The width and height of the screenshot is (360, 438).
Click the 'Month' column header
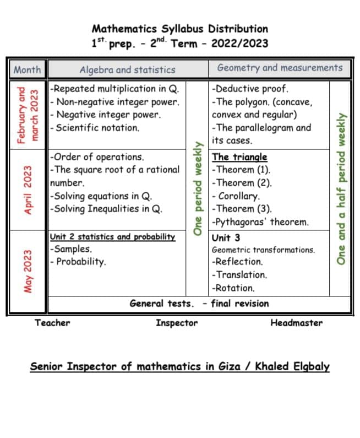(x=27, y=69)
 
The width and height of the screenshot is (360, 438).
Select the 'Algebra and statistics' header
(x=127, y=69)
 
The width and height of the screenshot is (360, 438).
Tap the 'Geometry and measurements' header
(x=280, y=68)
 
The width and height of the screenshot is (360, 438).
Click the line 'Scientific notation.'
(x=95, y=128)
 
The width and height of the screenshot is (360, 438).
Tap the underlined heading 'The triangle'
(x=239, y=157)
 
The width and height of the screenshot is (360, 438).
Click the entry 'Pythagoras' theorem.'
(x=260, y=223)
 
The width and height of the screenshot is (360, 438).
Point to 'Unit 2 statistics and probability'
(x=112, y=237)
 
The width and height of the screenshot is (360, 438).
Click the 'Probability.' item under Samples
(x=80, y=262)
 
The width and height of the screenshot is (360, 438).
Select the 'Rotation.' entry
(x=233, y=288)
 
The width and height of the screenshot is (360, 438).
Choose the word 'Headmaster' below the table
(x=296, y=323)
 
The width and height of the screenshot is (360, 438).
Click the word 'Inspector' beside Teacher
(x=176, y=323)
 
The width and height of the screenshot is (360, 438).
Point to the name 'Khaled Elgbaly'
(x=292, y=366)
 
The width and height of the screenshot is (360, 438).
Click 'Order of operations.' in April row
(x=97, y=157)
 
